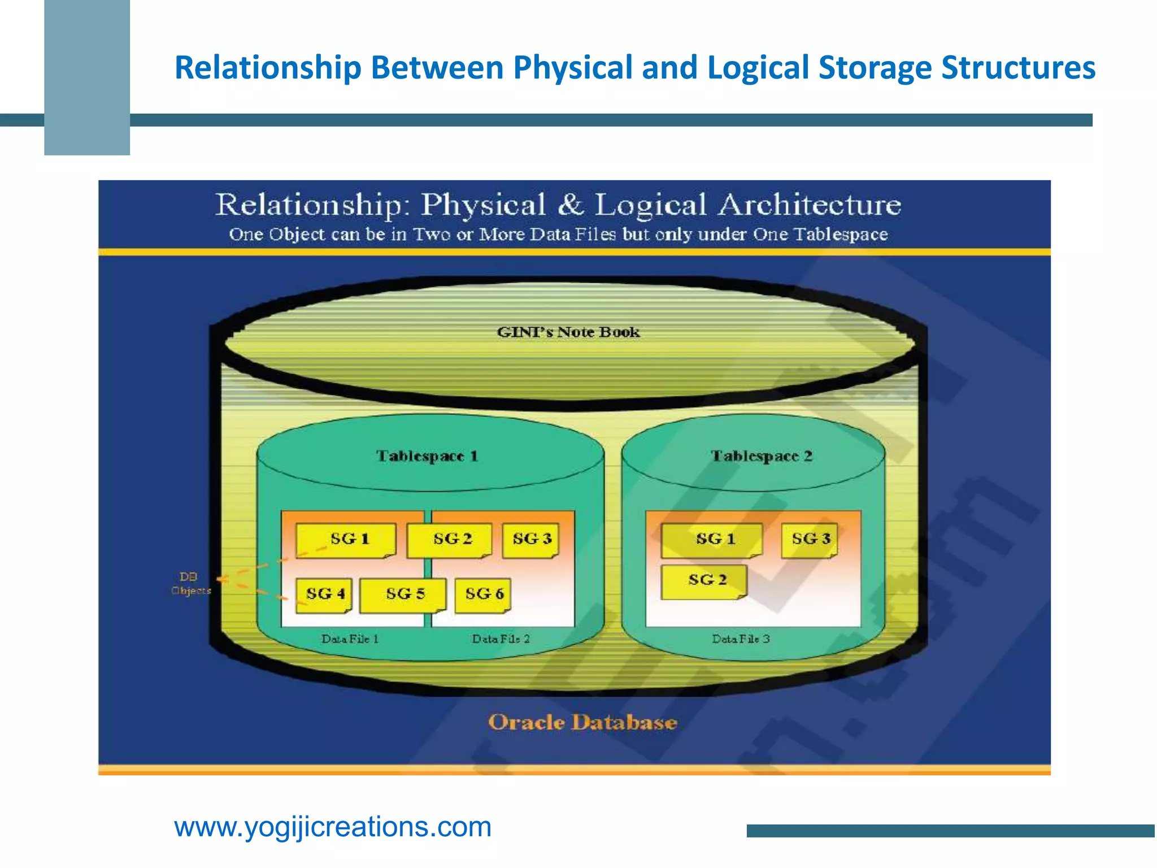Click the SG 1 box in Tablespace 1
(x=346, y=540)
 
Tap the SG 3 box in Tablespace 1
(x=531, y=540)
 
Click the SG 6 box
(x=484, y=594)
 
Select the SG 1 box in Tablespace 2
(x=712, y=540)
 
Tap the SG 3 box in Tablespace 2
(x=810, y=540)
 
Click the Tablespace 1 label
(x=427, y=456)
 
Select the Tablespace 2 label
(x=761, y=456)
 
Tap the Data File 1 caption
(x=350, y=639)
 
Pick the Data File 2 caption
(x=501, y=639)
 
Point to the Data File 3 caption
(x=741, y=639)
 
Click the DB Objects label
(x=190, y=584)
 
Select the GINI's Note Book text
(x=568, y=332)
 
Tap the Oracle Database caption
(x=582, y=723)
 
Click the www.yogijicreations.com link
(x=333, y=827)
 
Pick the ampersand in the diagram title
(x=570, y=205)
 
